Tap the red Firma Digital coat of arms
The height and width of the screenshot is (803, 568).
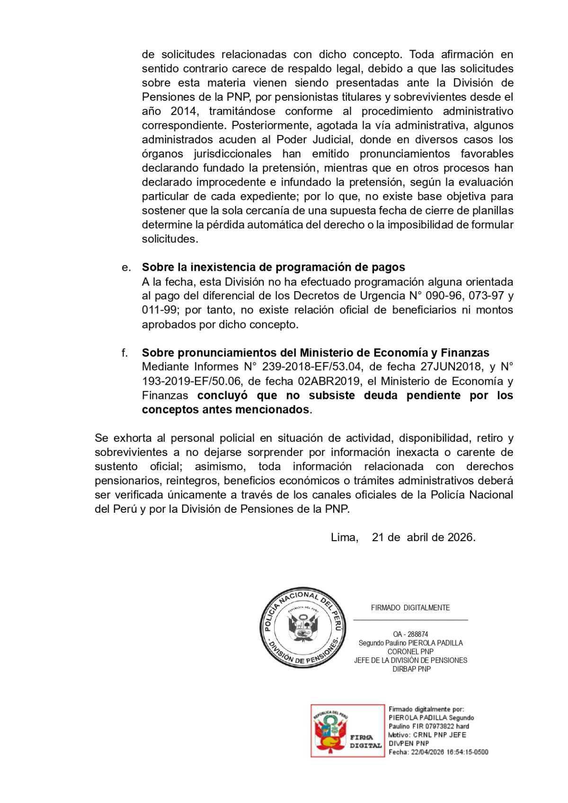(x=330, y=730)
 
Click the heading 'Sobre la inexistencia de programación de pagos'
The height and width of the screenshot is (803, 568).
(x=273, y=268)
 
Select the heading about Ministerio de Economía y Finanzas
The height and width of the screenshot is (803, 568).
(x=315, y=353)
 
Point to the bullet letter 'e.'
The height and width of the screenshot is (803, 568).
(x=126, y=268)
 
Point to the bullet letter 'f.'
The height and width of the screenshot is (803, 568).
(x=125, y=353)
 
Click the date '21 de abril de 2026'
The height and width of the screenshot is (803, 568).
(x=424, y=537)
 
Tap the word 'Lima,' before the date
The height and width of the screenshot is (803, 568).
(x=345, y=537)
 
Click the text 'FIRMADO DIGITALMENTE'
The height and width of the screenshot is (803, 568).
(x=410, y=608)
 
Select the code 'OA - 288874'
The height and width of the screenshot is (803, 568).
(x=410, y=634)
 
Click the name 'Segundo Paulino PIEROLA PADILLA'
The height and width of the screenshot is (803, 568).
(x=410, y=643)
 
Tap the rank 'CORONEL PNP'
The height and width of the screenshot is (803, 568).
(x=410, y=652)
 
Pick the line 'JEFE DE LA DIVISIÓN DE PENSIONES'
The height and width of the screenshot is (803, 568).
(x=410, y=660)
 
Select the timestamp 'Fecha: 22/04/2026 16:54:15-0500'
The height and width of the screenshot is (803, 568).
(x=438, y=752)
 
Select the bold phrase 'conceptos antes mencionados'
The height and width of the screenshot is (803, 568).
(x=225, y=410)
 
